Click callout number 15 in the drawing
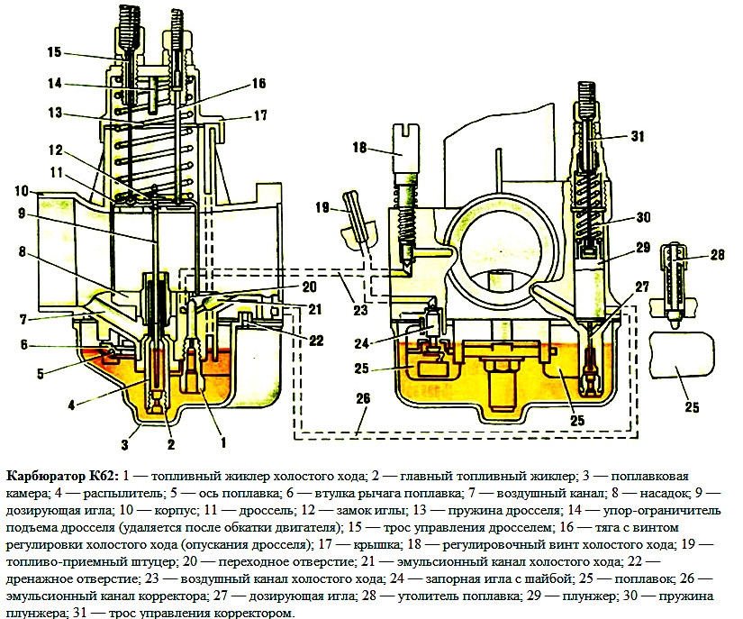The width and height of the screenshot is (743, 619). tap(54, 52)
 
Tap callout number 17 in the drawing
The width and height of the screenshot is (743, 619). tap(260, 115)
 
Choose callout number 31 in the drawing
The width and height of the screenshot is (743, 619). tap(638, 137)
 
